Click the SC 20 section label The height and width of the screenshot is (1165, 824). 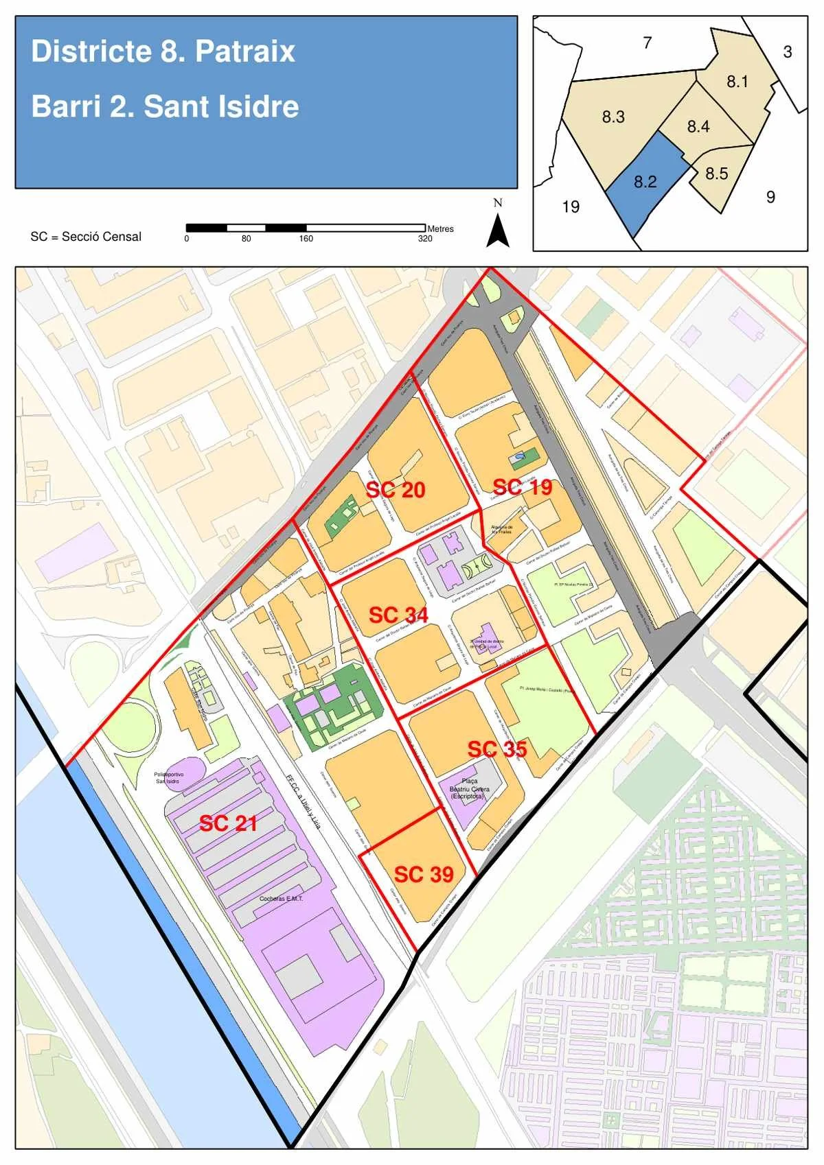click(396, 490)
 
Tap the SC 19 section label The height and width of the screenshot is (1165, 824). click(523, 487)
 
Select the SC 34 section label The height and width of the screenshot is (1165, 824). click(398, 615)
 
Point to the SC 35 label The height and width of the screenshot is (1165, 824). click(497, 749)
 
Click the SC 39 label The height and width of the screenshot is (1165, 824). click(424, 874)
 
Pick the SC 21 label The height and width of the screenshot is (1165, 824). click(228, 823)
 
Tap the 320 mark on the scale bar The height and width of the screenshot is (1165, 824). click(425, 239)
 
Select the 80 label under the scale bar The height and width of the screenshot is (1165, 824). click(246, 239)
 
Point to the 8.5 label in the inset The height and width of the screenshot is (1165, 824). click(716, 174)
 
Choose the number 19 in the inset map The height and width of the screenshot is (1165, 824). click(571, 207)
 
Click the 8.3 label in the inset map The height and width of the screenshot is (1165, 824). click(613, 117)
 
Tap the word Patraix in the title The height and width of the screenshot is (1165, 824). click(244, 51)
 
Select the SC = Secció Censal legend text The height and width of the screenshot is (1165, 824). click(86, 237)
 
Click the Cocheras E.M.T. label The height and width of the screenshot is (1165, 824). click(281, 898)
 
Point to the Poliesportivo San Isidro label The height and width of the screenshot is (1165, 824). click(168, 777)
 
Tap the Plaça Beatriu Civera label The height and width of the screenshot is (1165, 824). click(470, 789)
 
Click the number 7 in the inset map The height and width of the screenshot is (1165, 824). click(647, 43)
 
